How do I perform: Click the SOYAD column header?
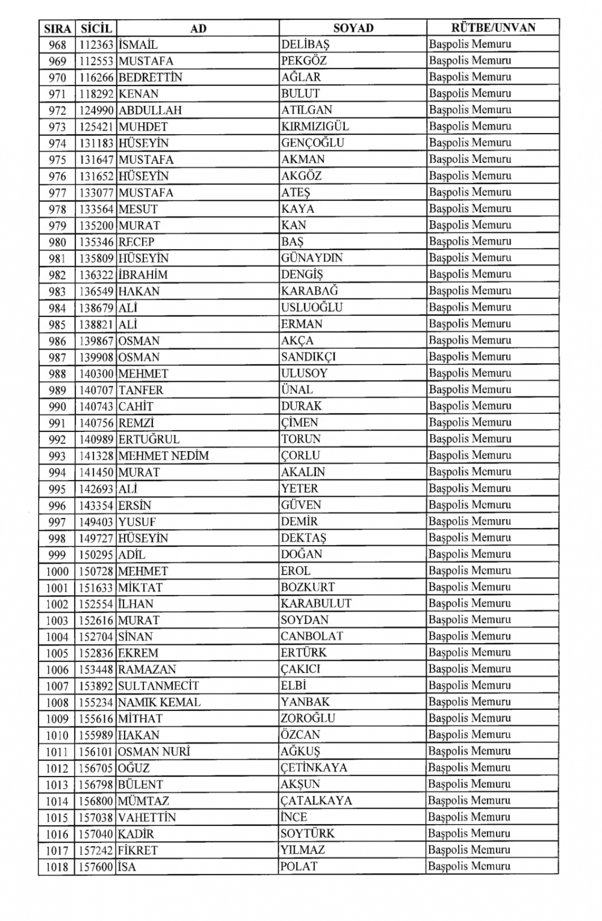pyautogui.click(x=353, y=28)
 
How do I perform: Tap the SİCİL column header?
pyautogui.click(x=96, y=28)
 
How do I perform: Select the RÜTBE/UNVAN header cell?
pyautogui.click(x=493, y=28)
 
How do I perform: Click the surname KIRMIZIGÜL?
pyautogui.click(x=315, y=126)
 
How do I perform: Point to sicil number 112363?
pyautogui.click(x=96, y=45)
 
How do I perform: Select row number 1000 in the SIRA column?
pyautogui.click(x=57, y=571)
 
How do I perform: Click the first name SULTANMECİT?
pyautogui.click(x=158, y=686)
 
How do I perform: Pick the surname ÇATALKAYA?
pyautogui.click(x=316, y=801)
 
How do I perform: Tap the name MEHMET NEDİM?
pyautogui.click(x=164, y=455)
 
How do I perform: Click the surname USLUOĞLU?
pyautogui.click(x=312, y=307)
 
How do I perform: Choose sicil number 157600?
pyautogui.click(x=96, y=867)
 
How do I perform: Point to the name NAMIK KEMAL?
pyautogui.click(x=160, y=702)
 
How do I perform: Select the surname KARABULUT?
pyautogui.click(x=316, y=603)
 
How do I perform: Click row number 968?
pyautogui.click(x=57, y=45)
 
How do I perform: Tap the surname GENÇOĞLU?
pyautogui.click(x=312, y=143)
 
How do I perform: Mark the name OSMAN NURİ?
pyautogui.click(x=154, y=751)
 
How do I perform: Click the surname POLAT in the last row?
pyautogui.click(x=299, y=867)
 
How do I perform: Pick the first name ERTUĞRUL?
pyautogui.click(x=149, y=439)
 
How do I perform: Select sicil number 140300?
pyautogui.click(x=96, y=374)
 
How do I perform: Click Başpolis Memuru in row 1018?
pyautogui.click(x=470, y=867)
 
